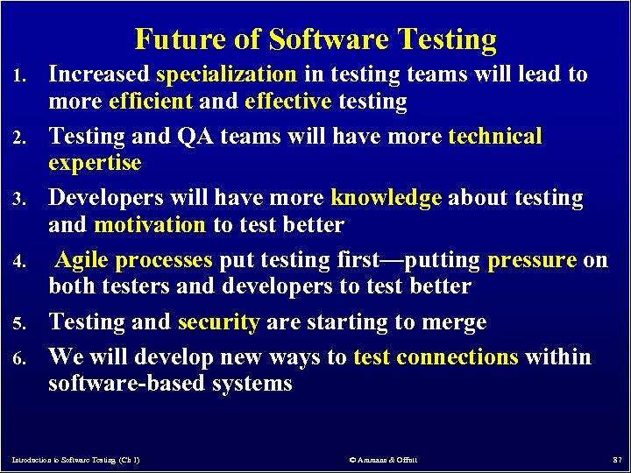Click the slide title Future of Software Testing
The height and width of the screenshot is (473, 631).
click(x=315, y=39)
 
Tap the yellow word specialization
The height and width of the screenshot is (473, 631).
click(x=226, y=74)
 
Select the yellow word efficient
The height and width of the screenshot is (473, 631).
click(x=150, y=102)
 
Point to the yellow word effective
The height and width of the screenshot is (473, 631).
click(x=288, y=102)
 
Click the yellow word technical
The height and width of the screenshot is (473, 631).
click(x=494, y=137)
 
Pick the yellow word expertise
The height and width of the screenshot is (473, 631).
click(x=95, y=163)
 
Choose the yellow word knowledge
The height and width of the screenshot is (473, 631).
click(x=386, y=199)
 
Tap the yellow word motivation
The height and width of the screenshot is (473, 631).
click(x=149, y=225)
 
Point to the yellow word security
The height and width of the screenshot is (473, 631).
click(x=218, y=322)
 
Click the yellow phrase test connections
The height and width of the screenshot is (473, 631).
click(x=436, y=357)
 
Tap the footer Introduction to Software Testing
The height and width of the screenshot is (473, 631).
click(x=76, y=459)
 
